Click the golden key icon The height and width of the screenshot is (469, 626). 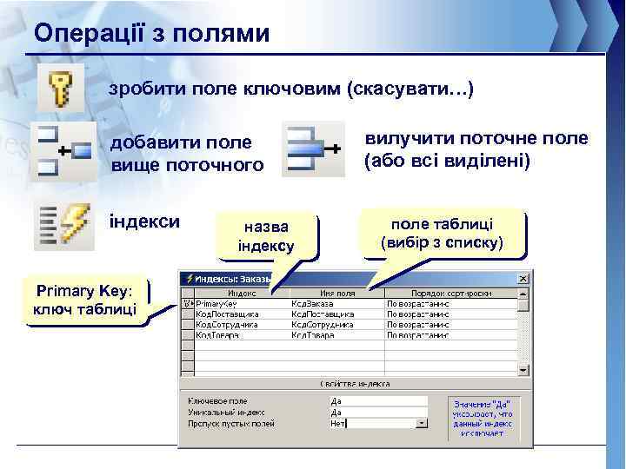click(61, 87)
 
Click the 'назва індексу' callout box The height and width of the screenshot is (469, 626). click(267, 236)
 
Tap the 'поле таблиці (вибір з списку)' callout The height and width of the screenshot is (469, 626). click(442, 233)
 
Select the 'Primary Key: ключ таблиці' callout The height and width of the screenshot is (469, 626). click(84, 301)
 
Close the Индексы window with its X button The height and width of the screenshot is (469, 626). click(523, 279)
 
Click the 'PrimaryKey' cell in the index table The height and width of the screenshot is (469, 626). click(216, 304)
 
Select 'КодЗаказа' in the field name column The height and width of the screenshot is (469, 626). click(312, 304)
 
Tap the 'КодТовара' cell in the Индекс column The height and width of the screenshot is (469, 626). click(216, 334)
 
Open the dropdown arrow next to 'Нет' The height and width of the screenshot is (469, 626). click(422, 424)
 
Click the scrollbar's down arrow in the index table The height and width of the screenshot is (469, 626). click(523, 367)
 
